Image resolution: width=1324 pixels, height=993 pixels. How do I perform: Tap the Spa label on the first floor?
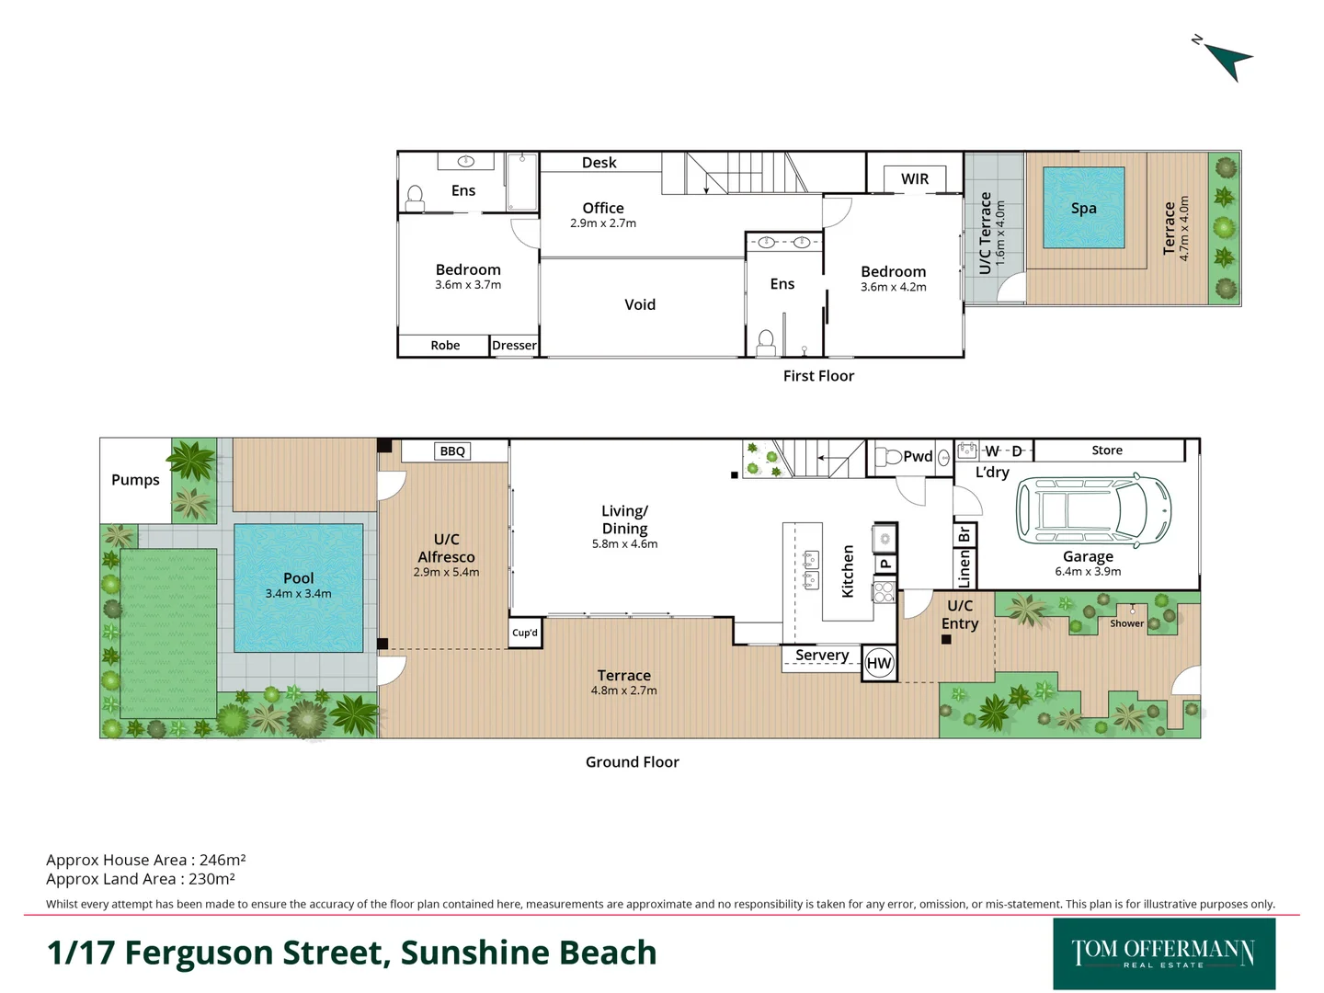pos(1083,209)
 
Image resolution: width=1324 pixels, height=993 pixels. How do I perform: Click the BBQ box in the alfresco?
pos(452,451)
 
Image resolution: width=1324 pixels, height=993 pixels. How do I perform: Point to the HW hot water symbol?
pos(879,663)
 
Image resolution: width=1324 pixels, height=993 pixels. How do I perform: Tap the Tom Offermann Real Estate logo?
pos(1163,953)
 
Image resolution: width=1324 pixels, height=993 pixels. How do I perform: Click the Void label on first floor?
pos(640,305)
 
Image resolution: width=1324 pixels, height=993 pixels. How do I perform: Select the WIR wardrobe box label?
pos(914,179)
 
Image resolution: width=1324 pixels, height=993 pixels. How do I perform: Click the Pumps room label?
pos(135,480)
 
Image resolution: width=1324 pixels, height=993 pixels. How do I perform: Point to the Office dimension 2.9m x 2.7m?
pos(603,223)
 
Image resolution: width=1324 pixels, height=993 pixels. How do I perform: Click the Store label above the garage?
pos(1107,451)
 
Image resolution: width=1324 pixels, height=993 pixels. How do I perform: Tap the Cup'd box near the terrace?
pos(525,633)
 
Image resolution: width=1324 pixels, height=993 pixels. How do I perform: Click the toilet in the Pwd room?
pos(890,457)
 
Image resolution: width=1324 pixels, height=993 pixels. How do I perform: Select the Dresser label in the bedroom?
pos(514,346)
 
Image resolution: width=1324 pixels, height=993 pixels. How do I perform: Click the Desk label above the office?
pos(599,163)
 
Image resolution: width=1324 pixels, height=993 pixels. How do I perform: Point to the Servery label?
pos(822,656)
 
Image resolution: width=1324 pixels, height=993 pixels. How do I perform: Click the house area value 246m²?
pos(223,861)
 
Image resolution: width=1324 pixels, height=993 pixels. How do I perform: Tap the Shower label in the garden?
pos(1126,623)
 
